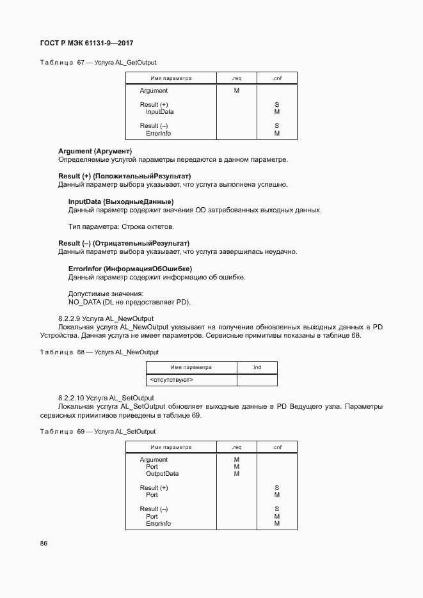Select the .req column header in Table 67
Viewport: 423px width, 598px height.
pos(236,78)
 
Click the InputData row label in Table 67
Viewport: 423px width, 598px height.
pos(159,112)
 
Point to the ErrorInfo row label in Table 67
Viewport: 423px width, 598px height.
pos(158,134)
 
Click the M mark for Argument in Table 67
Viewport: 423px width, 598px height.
pos(236,91)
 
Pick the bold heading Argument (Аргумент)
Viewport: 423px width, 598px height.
pos(95,151)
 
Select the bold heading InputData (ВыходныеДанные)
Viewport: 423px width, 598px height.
pos(121,201)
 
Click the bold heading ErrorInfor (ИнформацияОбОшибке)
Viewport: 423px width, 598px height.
pos(130,269)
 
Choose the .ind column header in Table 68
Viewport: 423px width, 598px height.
pos(257,367)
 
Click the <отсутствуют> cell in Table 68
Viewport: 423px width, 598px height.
pos(172,380)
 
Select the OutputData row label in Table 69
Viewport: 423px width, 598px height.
pos(162,474)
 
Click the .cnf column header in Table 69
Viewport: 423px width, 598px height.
pos(276,447)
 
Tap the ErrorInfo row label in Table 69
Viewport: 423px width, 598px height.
pos(158,524)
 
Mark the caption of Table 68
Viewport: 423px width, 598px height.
pos(99,352)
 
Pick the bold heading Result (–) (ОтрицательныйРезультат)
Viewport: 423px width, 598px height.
pos(124,243)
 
